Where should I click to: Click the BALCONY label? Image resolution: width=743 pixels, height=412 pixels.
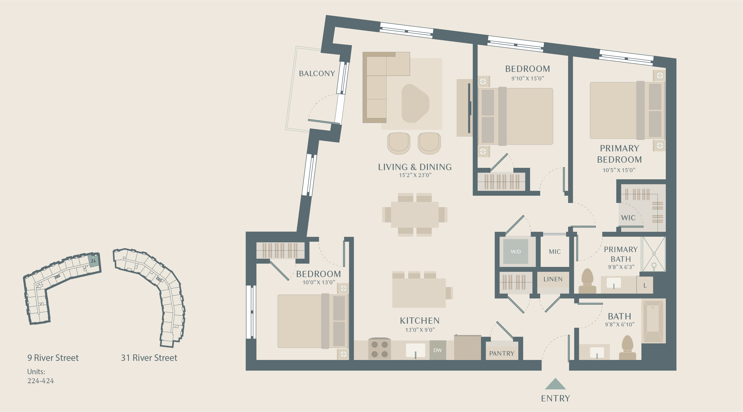[x=317, y=74]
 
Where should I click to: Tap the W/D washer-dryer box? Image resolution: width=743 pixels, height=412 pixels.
[x=515, y=251]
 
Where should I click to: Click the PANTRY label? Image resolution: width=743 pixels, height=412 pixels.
[x=501, y=353]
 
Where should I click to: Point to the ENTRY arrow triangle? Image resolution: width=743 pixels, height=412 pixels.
[x=555, y=385]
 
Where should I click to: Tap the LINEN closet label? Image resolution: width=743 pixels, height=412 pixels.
[x=553, y=279]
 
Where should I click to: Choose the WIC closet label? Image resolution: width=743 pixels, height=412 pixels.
[x=628, y=218]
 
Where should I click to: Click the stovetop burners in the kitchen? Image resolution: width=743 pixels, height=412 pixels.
[x=379, y=349]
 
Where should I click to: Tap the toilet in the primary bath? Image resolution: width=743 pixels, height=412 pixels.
[x=587, y=281]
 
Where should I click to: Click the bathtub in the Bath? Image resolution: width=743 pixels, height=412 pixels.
[x=653, y=321]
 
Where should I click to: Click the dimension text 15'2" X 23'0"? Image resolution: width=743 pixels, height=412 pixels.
[x=415, y=175]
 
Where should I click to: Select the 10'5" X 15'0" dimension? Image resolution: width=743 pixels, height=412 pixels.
[x=619, y=170]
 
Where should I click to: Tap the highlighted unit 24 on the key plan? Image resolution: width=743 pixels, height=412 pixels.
[x=93, y=261]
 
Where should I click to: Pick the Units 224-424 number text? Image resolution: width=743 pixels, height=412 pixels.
[x=41, y=381]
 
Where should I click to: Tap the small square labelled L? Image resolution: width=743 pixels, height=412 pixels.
[x=645, y=286]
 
